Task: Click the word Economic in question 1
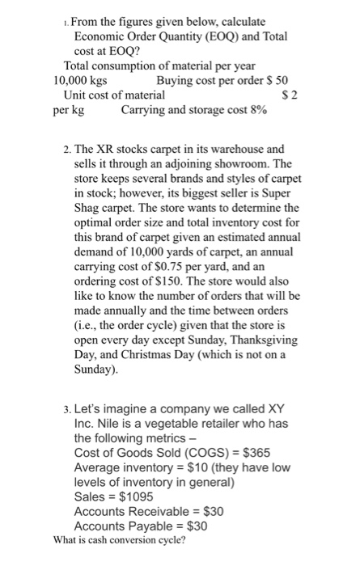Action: [x=100, y=36]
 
